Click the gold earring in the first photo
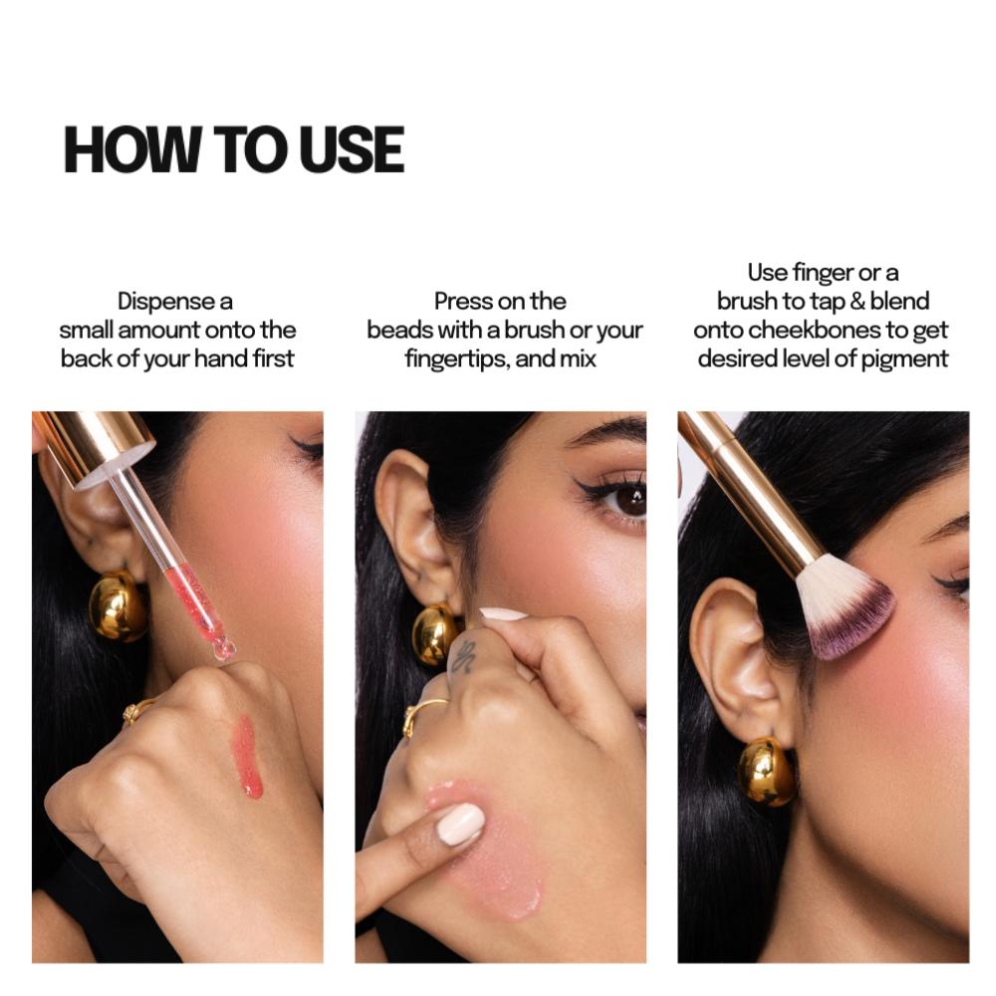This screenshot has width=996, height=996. [118, 605]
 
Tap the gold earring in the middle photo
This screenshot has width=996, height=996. [435, 633]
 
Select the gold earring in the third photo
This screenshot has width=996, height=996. [766, 771]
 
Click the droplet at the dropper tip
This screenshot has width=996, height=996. [224, 649]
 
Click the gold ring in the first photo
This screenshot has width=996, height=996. [135, 710]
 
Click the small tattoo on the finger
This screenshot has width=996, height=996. [463, 656]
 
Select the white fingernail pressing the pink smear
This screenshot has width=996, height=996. [459, 824]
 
